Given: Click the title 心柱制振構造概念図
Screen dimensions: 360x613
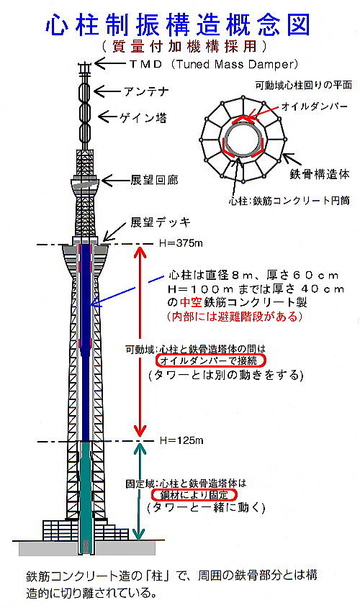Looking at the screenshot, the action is pyautogui.click(x=178, y=25).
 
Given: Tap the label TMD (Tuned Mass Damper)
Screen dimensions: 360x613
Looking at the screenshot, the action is pyautogui.click(x=214, y=64).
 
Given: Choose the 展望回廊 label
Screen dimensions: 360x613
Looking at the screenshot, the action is pyautogui.click(x=154, y=180).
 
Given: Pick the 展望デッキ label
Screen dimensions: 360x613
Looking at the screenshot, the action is pyautogui.click(x=160, y=223).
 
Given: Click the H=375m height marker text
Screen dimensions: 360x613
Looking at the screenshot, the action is pyautogui.click(x=181, y=243).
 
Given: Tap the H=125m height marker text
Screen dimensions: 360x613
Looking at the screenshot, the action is pyautogui.click(x=181, y=440).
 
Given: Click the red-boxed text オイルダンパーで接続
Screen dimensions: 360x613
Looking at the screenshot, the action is pyautogui.click(x=210, y=360).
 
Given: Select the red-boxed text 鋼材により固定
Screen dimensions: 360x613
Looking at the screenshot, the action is pyautogui.click(x=194, y=495).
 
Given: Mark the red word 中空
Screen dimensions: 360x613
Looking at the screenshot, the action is pyautogui.click(x=190, y=302).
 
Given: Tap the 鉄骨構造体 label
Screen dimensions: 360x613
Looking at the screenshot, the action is pyautogui.click(x=320, y=174).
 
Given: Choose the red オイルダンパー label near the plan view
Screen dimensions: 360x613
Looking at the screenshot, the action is pyautogui.click(x=314, y=106).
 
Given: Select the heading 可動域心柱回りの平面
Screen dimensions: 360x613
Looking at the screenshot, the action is pyautogui.click(x=304, y=85).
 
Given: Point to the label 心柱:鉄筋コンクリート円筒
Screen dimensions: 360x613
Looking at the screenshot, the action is pyautogui.click(x=289, y=201).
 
